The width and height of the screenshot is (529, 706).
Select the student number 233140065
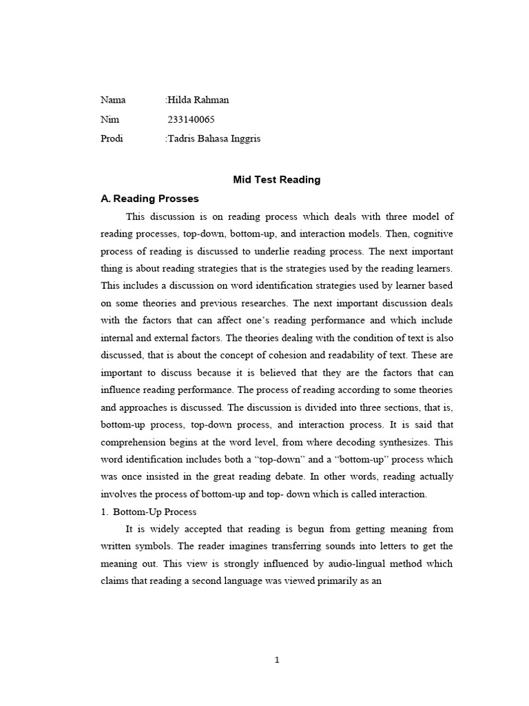pos(191,119)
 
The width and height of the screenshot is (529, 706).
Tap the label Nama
pos(113,100)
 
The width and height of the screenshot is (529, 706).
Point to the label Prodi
pos(112,139)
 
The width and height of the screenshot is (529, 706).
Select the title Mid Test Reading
pos(276,180)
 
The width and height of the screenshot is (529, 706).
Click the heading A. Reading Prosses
pos(149,199)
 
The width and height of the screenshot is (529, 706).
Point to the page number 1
pos(277,660)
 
